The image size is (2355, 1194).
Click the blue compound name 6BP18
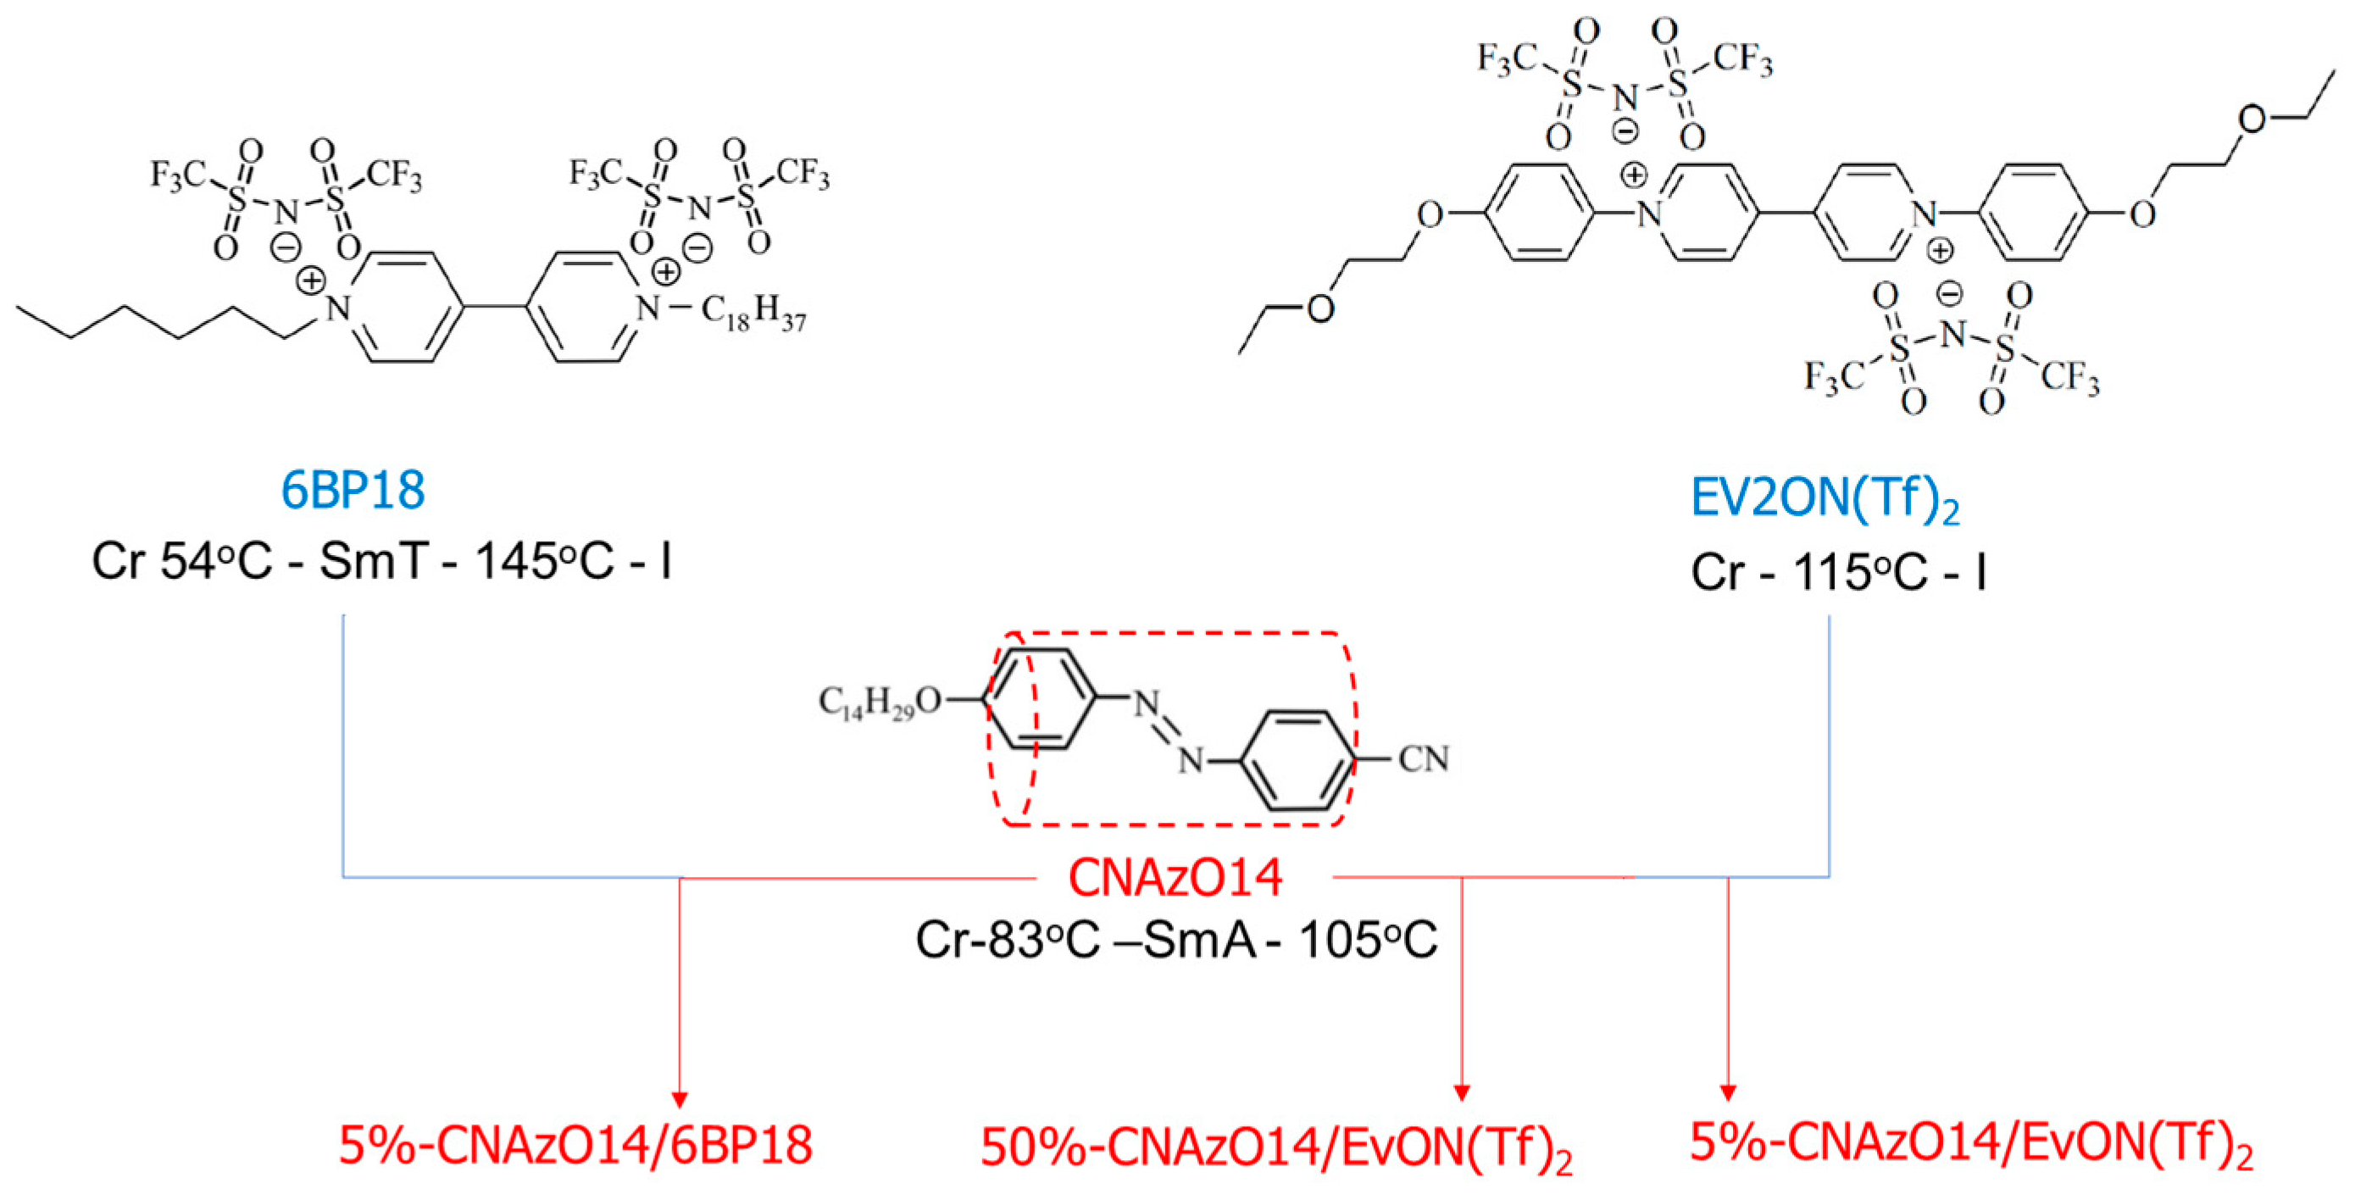point(353,491)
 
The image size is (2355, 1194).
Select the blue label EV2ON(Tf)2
point(1825,500)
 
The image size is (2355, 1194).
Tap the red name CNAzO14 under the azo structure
point(1175,878)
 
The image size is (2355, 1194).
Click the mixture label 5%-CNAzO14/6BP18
point(575,1146)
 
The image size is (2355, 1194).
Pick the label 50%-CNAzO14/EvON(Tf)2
point(1276,1148)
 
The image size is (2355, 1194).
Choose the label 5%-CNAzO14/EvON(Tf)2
point(1971,1143)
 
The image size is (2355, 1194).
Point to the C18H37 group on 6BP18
point(753,313)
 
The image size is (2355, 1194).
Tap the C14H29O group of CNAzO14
point(880,703)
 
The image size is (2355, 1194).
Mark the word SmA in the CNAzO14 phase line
point(1199,939)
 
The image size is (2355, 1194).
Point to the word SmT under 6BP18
point(373,561)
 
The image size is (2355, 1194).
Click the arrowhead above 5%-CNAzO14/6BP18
point(680,1099)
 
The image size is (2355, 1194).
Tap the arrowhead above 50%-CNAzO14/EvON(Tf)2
point(1461,1092)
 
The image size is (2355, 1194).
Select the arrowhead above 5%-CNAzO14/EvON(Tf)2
point(1728,1092)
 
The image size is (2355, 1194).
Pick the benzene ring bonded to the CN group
point(1299,761)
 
